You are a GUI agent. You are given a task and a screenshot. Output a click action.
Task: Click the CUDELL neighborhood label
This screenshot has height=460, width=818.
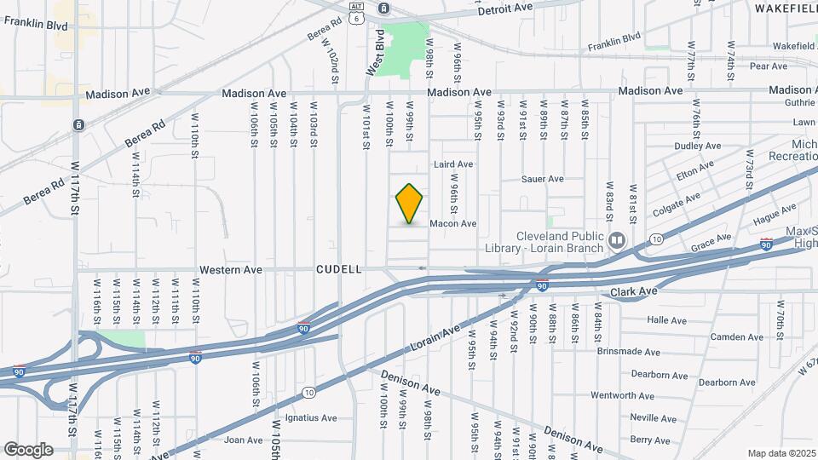pyautogui.click(x=339, y=269)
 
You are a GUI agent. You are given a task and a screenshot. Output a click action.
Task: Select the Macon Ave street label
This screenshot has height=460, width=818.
pyautogui.click(x=452, y=224)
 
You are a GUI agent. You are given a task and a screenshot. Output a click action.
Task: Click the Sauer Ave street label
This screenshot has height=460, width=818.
pyautogui.click(x=544, y=179)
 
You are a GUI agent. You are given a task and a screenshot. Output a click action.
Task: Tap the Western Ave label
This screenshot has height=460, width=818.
pyautogui.click(x=230, y=270)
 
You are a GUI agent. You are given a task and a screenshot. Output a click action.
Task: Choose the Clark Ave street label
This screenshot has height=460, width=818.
pyautogui.click(x=634, y=292)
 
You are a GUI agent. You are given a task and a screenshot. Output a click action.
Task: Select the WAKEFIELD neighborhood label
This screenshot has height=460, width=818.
pyautogui.click(x=784, y=7)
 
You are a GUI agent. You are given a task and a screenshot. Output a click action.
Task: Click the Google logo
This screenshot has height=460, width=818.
pyautogui.click(x=27, y=449)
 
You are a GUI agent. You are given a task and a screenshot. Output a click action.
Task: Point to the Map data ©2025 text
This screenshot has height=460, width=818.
pyautogui.click(x=781, y=453)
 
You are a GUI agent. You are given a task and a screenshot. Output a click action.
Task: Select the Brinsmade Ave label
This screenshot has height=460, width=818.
pyautogui.click(x=628, y=352)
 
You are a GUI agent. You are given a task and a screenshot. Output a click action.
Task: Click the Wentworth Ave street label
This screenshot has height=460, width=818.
pyautogui.click(x=622, y=396)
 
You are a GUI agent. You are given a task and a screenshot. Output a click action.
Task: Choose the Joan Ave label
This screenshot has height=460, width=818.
pyautogui.click(x=243, y=440)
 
